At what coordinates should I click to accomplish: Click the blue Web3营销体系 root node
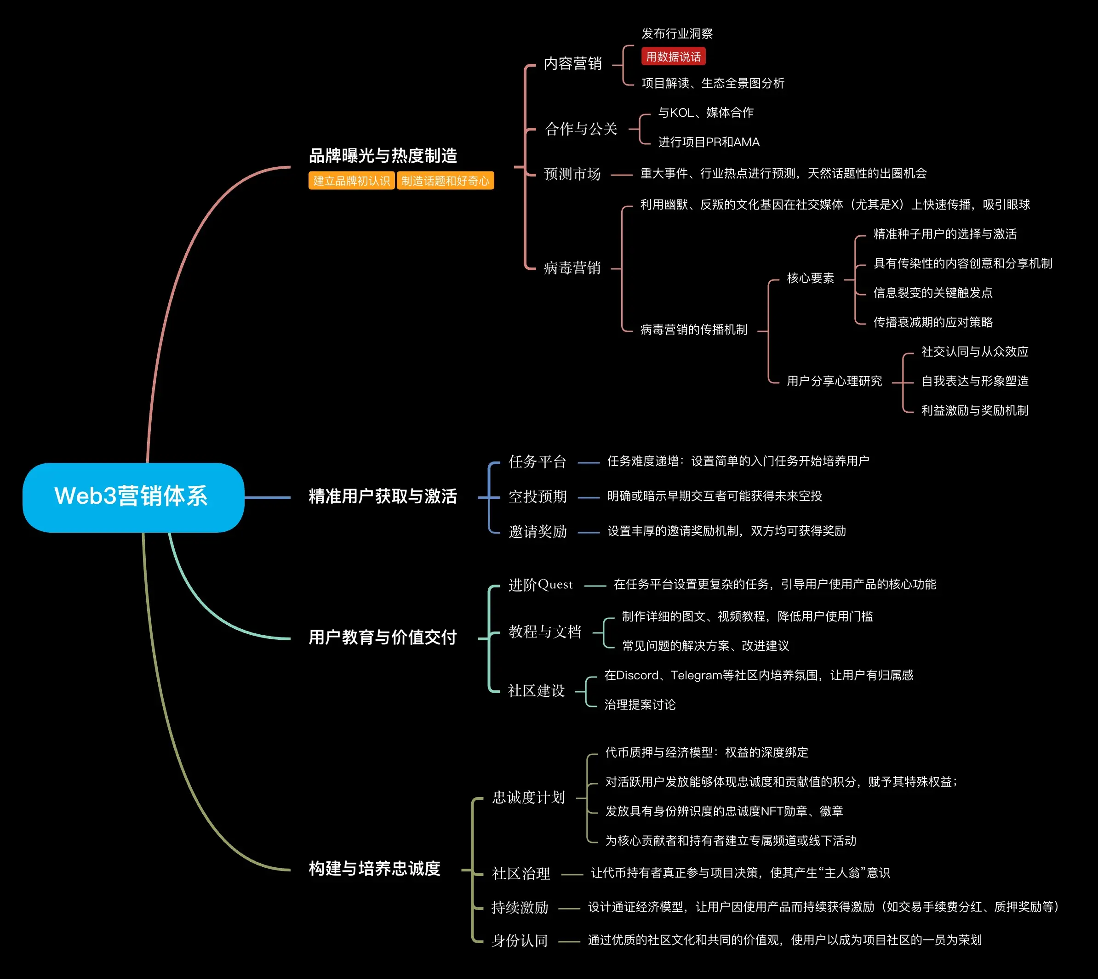pos(133,497)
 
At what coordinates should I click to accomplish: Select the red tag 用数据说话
pos(673,57)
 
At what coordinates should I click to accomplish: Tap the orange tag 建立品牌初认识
pos(351,181)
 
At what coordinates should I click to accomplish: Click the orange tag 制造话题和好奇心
pos(446,181)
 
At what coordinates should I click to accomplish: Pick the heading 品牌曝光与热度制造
pos(383,156)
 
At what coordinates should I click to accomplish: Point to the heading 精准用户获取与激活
pos(383,496)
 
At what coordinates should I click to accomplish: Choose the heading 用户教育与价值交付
pos(383,637)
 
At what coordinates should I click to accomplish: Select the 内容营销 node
pos(572,64)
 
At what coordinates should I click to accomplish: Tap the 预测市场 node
pos(572,174)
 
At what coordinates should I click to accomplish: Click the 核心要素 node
pos(810,278)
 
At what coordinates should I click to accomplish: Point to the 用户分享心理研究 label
pos(834,381)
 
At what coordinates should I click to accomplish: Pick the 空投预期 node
pos(538,496)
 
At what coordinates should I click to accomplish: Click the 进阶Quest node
pos(541,585)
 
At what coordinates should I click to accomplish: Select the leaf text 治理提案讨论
pos(640,705)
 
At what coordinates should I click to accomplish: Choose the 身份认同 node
pos(519,941)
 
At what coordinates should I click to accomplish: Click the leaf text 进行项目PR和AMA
pos(709,142)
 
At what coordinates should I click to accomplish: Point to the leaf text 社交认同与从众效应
pos(974,352)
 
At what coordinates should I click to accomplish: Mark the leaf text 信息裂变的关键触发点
pos(933,293)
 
